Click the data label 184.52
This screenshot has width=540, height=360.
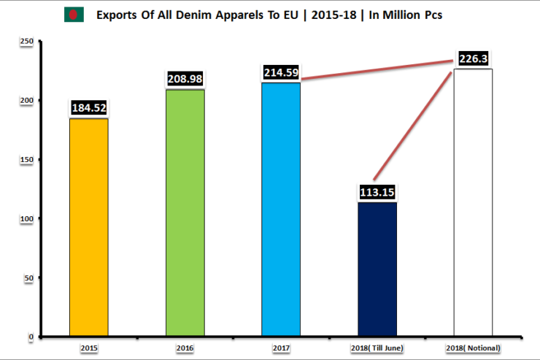click(x=89, y=108)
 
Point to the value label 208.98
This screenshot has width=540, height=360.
click(x=185, y=78)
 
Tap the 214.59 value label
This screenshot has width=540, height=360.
click(x=281, y=73)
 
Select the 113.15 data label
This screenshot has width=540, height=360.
click(x=377, y=194)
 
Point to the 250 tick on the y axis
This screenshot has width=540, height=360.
click(x=26, y=42)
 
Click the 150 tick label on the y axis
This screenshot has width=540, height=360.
click(x=26, y=160)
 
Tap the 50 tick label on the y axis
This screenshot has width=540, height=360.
click(x=28, y=277)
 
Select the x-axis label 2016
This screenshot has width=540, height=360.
click(x=185, y=348)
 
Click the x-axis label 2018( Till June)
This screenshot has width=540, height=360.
click(x=377, y=348)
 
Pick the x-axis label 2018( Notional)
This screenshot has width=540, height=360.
click(x=473, y=348)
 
